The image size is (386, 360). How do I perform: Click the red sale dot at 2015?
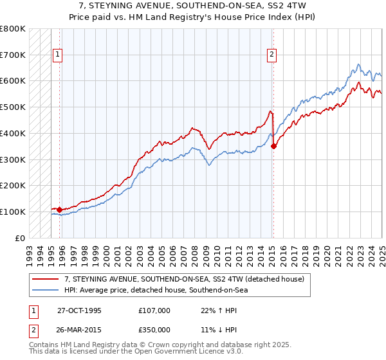(x=274, y=146)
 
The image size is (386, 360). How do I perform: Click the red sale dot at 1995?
(x=59, y=210)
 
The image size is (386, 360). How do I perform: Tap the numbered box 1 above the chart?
(x=57, y=55)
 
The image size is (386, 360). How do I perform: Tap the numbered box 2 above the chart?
(x=272, y=55)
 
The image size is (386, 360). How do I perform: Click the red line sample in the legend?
(x=46, y=279)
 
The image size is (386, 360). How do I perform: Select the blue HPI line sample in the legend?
(x=46, y=290)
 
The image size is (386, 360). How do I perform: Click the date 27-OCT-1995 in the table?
(x=79, y=310)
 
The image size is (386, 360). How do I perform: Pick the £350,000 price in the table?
(x=154, y=330)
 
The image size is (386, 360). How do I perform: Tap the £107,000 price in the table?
(x=154, y=310)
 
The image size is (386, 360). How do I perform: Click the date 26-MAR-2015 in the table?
(x=79, y=330)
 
